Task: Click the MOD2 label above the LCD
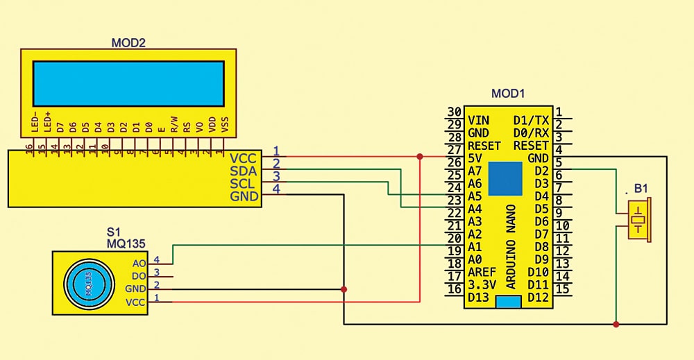click(128, 43)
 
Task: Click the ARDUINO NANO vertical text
click(511, 246)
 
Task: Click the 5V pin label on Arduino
click(475, 157)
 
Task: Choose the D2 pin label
click(541, 171)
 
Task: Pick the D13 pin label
click(479, 298)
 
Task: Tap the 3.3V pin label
click(481, 284)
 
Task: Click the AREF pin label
click(482, 272)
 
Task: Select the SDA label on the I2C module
click(244, 171)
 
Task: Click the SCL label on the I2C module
click(244, 184)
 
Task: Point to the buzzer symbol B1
click(638, 219)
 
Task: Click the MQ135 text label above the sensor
click(124, 243)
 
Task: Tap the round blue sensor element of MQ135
click(88, 284)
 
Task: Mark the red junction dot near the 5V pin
click(420, 157)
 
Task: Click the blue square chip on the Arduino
click(506, 179)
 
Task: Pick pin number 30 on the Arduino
click(455, 112)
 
